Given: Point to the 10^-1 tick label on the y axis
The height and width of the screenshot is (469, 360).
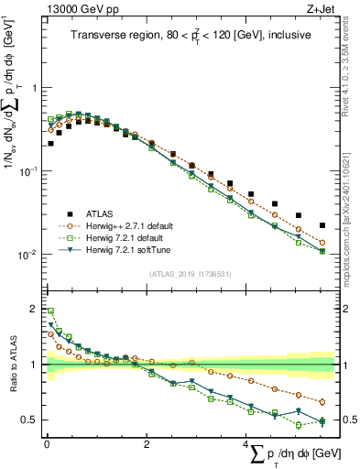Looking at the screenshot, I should (28, 171).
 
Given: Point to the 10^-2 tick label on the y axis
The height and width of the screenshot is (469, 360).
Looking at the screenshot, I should (28, 255).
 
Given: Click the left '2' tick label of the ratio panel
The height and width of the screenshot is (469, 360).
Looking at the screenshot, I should (33, 309).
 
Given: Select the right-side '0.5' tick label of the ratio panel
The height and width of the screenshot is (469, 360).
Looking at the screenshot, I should (348, 420).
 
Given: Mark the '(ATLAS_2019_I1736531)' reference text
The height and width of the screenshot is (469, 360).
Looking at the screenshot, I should (191, 274).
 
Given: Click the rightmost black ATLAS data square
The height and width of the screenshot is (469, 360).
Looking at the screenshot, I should (322, 225).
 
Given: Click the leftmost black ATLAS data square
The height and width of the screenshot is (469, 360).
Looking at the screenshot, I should (50, 144).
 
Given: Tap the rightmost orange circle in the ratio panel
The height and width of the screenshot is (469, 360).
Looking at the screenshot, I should (322, 401).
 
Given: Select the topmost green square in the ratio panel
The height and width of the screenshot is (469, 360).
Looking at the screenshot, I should (50, 311).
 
